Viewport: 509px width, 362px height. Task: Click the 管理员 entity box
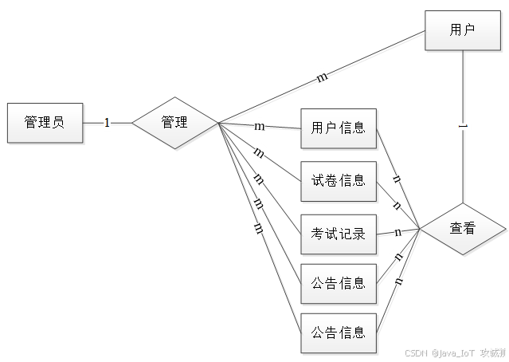coord(44,123)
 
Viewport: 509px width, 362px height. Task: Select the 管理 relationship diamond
coord(174,123)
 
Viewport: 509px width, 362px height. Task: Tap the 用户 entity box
coord(462,30)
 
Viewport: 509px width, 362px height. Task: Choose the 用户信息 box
coord(338,128)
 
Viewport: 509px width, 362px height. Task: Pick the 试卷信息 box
coord(338,180)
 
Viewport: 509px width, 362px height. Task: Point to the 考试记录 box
coord(338,234)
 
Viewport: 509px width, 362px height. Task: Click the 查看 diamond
coord(462,229)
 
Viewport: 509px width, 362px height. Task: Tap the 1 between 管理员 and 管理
coord(107,123)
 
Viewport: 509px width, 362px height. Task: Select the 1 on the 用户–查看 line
coord(463,127)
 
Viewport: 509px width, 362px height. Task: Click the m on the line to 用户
coord(322,78)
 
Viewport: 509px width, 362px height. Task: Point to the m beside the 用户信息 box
coord(259,127)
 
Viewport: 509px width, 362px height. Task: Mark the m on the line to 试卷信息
coord(258,151)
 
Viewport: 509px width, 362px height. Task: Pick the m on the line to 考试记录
coord(257,177)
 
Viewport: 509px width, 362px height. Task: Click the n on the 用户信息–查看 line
coord(397,178)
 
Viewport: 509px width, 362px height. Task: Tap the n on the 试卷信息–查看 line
coord(397,205)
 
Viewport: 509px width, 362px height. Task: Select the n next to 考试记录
coord(397,233)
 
